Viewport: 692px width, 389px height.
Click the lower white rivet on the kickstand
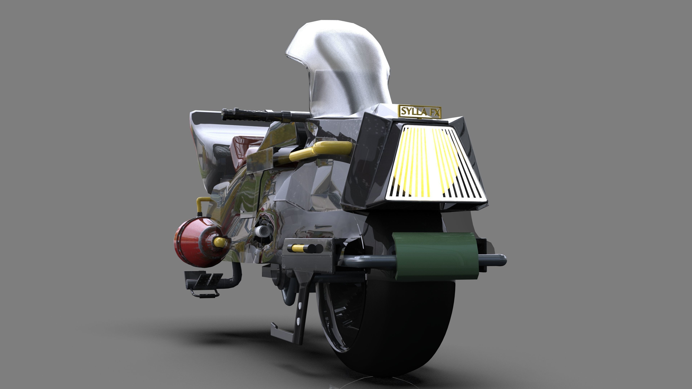[x=298, y=320]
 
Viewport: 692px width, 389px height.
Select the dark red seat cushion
[x=245, y=148]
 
